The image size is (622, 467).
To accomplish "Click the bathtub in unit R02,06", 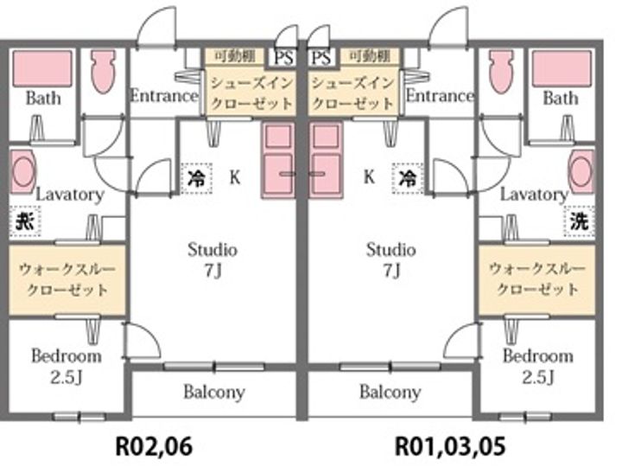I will point(42,68).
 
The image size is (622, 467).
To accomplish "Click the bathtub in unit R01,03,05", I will point(562,68).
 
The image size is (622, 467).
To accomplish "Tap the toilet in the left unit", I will point(103,72).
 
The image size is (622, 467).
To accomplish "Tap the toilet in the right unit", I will point(501,72).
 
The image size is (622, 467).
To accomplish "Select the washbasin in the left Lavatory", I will point(23,170).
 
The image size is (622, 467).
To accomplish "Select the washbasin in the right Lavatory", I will point(581,170).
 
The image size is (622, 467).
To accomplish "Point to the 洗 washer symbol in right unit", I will point(581,221).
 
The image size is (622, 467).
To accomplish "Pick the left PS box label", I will point(284,58).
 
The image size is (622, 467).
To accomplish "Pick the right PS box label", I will point(321,58).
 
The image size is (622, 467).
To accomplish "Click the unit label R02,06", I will point(154,446).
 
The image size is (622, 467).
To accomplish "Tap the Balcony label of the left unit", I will point(213,392).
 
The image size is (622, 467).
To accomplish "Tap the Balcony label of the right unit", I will point(390,392).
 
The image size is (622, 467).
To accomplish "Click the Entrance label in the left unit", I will point(163,95).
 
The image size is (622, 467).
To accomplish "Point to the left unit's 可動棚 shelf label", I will point(228,57).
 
